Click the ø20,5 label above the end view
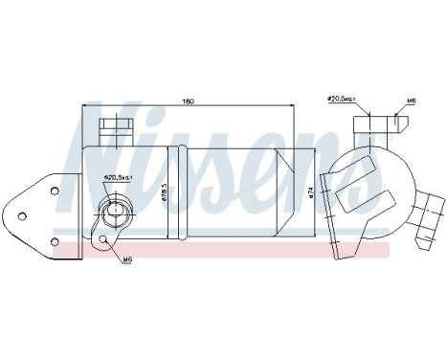click(x=341, y=98)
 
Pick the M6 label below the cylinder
click(x=127, y=258)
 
